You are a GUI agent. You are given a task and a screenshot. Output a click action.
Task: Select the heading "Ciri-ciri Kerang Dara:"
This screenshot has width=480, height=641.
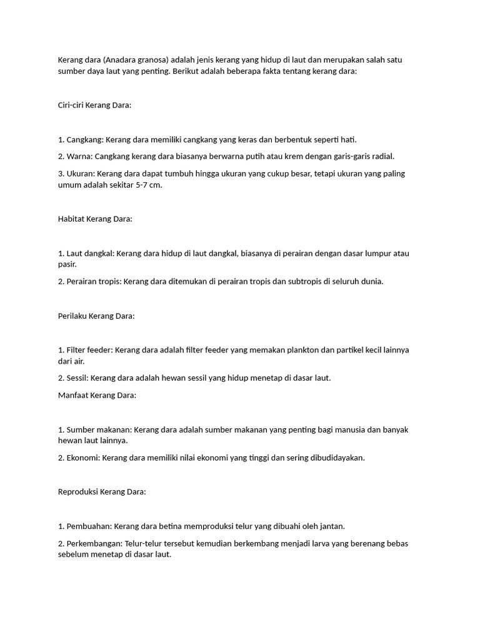(94, 105)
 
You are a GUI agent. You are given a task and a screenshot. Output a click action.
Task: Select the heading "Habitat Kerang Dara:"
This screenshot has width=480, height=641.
(95, 219)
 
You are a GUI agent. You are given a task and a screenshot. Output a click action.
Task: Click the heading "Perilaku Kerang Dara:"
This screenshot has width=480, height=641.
(96, 316)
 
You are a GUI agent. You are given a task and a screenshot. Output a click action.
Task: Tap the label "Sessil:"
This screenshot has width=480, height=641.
(78, 378)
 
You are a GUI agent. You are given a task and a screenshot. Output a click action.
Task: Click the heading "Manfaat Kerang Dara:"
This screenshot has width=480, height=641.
(97, 396)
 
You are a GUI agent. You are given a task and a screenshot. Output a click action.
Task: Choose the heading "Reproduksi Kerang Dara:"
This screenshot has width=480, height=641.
(102, 492)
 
